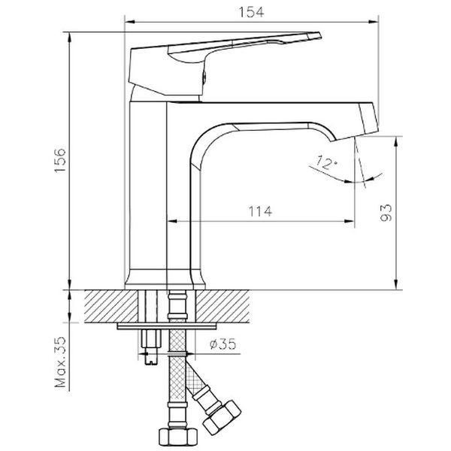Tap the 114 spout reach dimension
pos(257,211)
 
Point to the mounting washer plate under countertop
pos(169,326)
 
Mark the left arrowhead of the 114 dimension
pos(170,222)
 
